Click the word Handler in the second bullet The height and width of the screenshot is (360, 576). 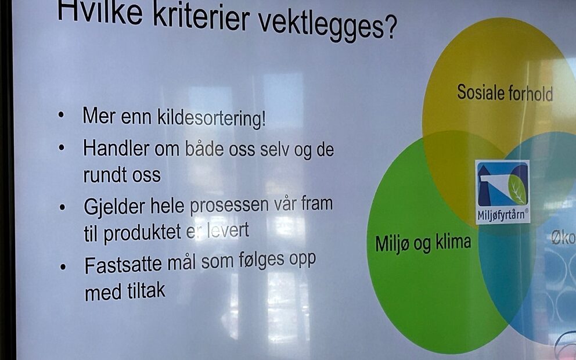[x=116, y=148]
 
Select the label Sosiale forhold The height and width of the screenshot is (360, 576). [x=505, y=92]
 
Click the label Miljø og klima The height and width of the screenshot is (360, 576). [x=423, y=243]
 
